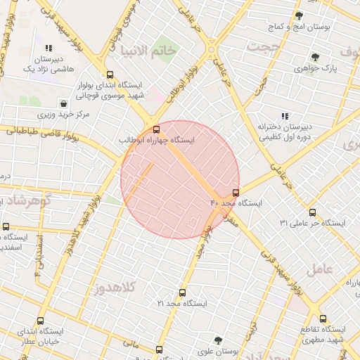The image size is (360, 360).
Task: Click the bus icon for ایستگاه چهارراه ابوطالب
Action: pos(156,129)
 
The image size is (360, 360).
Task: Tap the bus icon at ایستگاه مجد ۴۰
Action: pos(235,192)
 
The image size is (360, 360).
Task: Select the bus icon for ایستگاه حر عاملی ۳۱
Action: pos(312,212)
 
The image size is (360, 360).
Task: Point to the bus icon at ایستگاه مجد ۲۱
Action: pos(183,292)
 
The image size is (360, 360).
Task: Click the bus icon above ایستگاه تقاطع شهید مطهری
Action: pos(323,319)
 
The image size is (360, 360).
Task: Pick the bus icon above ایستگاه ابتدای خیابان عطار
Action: pos(41,321)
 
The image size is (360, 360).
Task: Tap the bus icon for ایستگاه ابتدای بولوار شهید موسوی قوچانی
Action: pos(109,75)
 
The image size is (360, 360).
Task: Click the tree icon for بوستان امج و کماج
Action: pos(299,15)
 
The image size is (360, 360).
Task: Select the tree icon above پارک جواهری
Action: pos(314,58)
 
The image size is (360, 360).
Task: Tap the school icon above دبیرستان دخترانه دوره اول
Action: pos(285,116)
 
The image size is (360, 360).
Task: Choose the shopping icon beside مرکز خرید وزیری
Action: pos(64,103)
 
